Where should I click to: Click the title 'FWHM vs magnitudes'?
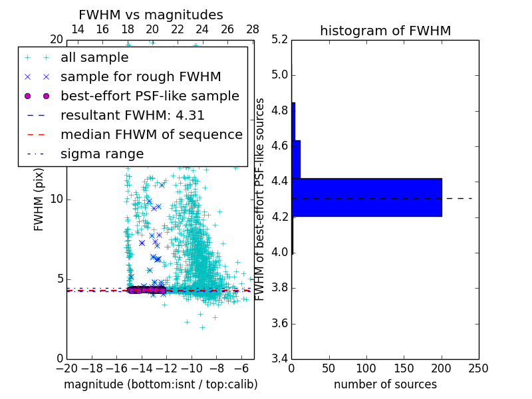tap(151, 15)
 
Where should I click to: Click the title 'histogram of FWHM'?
tap(385, 31)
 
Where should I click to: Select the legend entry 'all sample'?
tap(94, 58)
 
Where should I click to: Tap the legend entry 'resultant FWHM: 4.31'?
tap(132, 116)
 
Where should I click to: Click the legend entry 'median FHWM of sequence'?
tap(151, 135)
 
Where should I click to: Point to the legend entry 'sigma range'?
tap(102, 154)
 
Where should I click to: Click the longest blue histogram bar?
tap(366, 198)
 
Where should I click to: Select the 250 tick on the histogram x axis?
tap(478, 368)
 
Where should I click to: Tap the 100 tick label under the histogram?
tap(366, 368)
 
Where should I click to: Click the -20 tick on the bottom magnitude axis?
tap(66, 368)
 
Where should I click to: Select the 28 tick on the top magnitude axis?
tap(253, 30)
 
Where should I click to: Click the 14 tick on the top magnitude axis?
tap(77, 30)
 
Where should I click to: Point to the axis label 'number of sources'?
tap(385, 384)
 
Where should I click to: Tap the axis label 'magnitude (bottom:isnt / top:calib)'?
tap(160, 384)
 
